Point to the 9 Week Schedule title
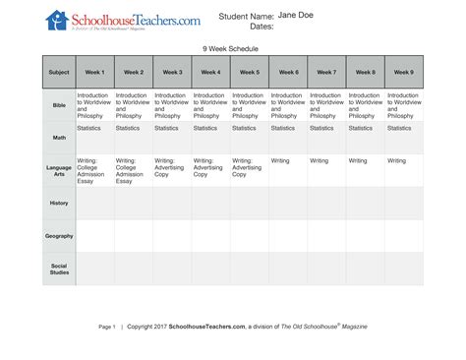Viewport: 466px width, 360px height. (232, 47)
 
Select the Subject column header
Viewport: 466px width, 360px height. (59, 72)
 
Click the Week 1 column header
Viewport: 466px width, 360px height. (95, 72)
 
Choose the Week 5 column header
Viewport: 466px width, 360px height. (250, 72)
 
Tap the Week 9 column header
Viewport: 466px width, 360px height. (404, 72)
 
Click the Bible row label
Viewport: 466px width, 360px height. (59, 104)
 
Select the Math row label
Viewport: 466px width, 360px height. (59, 138)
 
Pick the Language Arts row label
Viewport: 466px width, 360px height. (59, 170)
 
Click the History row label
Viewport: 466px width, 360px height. (59, 203)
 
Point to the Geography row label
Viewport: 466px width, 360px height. (59, 235)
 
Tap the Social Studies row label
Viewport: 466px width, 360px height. (59, 268)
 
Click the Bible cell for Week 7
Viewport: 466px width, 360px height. (326, 104)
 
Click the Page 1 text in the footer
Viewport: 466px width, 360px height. (107, 326)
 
